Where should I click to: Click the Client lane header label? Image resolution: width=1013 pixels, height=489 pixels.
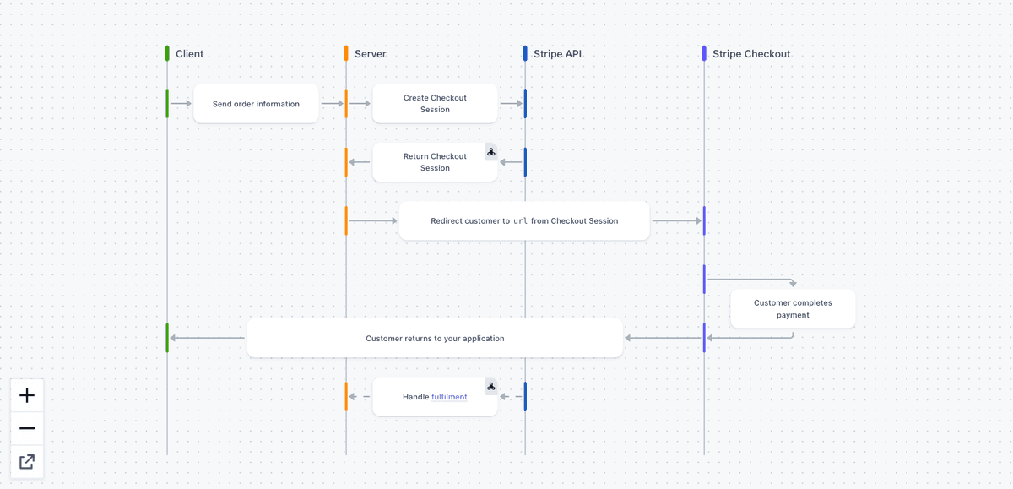[189, 54]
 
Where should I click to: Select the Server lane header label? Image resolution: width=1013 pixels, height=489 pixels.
[370, 54]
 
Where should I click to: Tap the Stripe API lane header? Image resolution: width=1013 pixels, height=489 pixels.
[557, 54]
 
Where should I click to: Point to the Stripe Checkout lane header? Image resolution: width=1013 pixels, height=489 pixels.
[750, 54]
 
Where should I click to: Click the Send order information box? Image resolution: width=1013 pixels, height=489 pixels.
[256, 104]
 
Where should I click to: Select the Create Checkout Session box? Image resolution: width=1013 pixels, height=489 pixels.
[435, 104]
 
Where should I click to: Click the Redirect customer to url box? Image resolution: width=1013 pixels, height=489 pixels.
[524, 221]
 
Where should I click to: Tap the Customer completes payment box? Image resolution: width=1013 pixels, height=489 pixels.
[793, 309]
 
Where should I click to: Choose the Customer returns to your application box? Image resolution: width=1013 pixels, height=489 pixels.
[435, 338]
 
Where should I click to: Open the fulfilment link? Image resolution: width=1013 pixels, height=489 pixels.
[449, 397]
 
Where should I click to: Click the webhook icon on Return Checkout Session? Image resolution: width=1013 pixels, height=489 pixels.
[491, 152]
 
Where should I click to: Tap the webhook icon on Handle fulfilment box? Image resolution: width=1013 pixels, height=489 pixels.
[491, 386]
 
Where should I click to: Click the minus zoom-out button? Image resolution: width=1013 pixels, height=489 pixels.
[27, 428]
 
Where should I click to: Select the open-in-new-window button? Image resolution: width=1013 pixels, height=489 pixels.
[27, 461]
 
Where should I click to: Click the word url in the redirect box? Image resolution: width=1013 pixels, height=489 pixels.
[520, 221]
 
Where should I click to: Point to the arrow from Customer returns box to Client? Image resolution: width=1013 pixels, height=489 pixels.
[208, 338]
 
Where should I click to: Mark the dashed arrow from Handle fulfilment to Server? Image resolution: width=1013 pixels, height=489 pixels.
[360, 396]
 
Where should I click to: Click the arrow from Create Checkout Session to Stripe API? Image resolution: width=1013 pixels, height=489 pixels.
[511, 104]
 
